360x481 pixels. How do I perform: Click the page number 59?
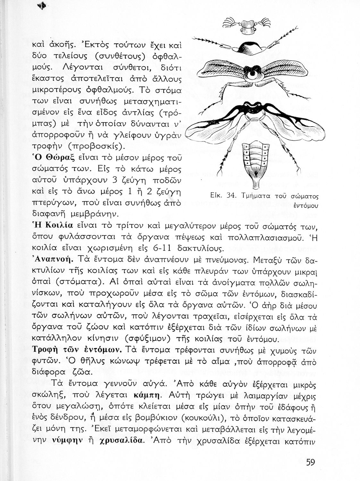[x=310, y=462]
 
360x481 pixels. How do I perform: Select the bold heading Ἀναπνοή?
[x=53, y=259]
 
